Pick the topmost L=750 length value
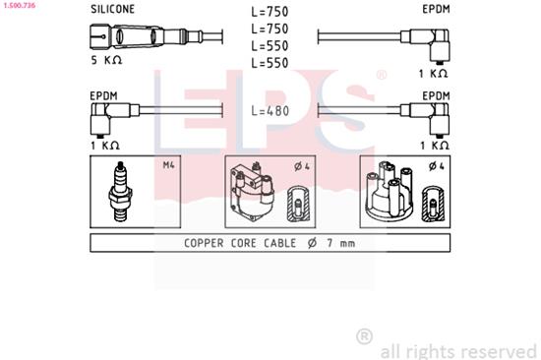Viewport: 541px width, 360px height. (270, 12)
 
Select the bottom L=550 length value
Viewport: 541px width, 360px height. (270, 64)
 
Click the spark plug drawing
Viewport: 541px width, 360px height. (123, 190)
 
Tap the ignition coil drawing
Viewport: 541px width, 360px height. (253, 193)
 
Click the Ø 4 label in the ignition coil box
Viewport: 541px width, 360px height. (301, 166)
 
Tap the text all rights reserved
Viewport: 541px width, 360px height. (457, 349)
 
